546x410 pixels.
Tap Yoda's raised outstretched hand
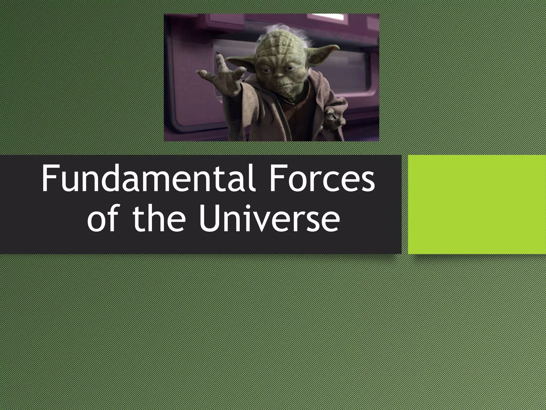click(221, 72)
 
